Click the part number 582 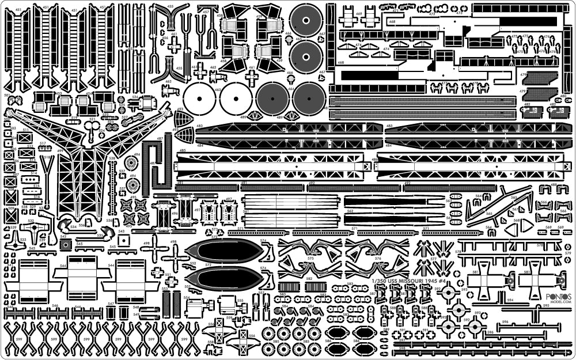[x=309, y=279]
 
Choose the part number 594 [x=509, y=300]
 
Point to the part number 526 [x=137, y=97]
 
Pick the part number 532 [x=31, y=220]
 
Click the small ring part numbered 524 [x=102, y=132]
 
